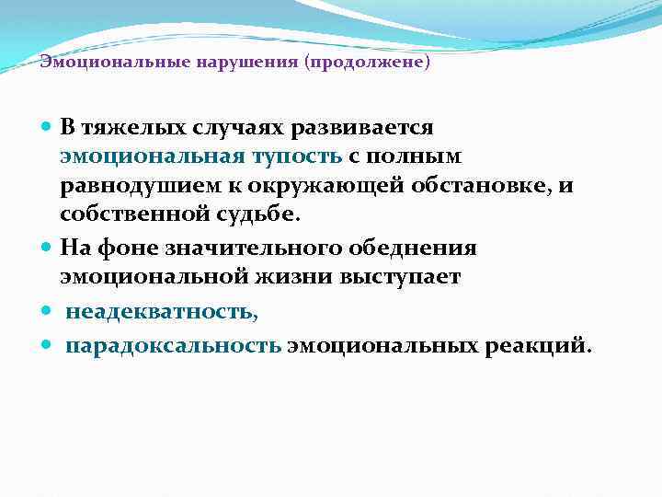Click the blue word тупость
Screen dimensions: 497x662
(297, 156)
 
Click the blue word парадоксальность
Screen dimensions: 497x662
(174, 346)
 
